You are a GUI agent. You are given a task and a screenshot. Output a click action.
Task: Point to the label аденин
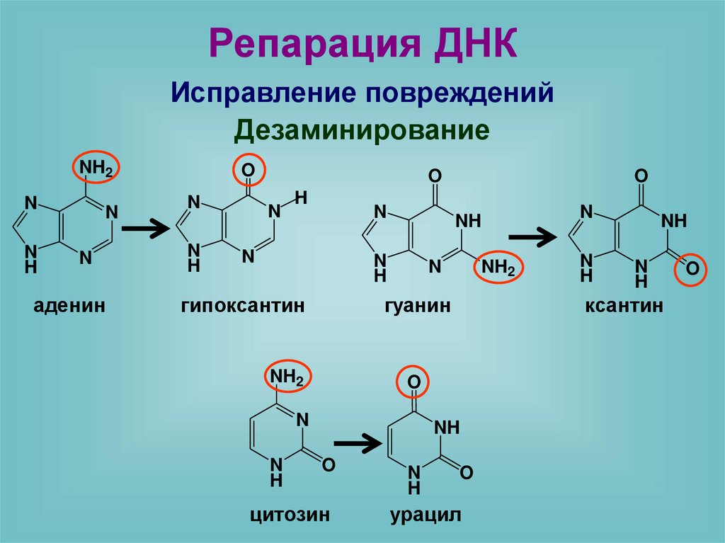pyautogui.click(x=69, y=306)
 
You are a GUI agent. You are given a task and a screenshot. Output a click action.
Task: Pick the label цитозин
pyautogui.click(x=290, y=515)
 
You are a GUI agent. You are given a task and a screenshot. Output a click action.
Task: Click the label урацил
pyautogui.click(x=425, y=515)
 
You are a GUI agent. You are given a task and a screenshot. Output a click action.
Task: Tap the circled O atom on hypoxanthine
pyautogui.click(x=248, y=170)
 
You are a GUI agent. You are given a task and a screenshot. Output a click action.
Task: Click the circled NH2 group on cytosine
pyautogui.click(x=288, y=379)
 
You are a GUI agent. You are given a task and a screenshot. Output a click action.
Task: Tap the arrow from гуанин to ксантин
pyautogui.click(x=533, y=239)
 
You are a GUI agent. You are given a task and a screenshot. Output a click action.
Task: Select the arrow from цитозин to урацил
pyautogui.click(x=358, y=444)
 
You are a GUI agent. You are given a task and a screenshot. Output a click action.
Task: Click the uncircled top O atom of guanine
pyautogui.click(x=435, y=176)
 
